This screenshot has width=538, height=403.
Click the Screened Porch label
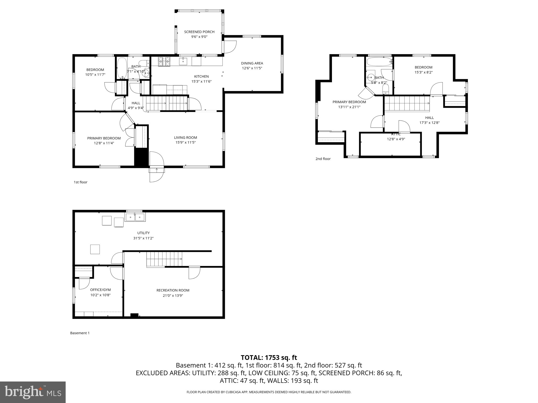199,32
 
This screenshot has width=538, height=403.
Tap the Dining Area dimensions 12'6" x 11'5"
252,68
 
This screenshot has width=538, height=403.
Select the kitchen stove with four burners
164,62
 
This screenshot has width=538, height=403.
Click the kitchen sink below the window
183,61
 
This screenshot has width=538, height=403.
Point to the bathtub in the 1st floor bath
122,68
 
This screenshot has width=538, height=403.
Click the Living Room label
185,138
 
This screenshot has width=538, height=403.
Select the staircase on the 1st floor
166,103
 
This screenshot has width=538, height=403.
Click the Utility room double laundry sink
135,217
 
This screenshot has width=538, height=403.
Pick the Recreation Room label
173,290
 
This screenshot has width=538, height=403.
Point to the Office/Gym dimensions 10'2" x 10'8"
100,295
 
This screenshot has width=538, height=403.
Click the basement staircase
164,259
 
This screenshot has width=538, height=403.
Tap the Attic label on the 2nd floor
396,134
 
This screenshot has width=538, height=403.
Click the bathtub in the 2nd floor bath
379,62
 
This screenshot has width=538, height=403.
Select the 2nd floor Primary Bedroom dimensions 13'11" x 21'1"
349,107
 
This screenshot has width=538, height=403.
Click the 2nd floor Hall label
429,118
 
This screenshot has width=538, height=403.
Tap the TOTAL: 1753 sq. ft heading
269,358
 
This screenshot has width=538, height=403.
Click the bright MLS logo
33,392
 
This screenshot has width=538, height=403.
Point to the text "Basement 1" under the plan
80,333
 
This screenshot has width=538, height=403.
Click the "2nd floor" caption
323,159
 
